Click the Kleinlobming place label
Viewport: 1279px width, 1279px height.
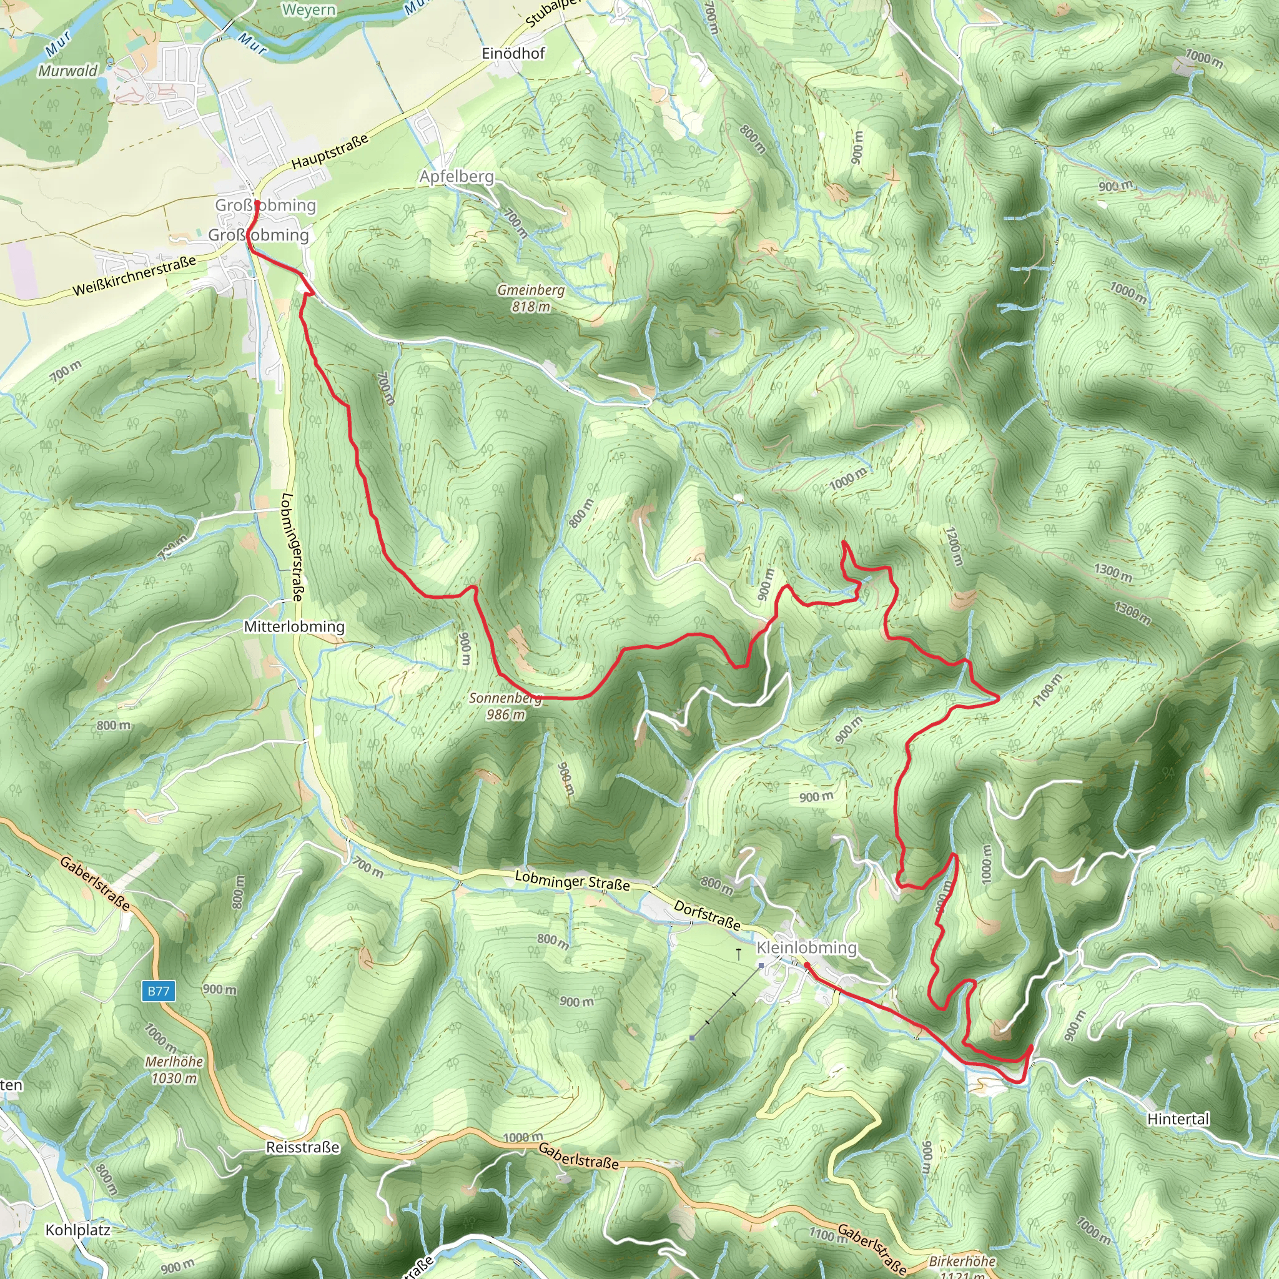point(806,947)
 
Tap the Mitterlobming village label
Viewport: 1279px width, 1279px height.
point(294,626)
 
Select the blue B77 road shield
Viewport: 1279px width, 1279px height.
point(158,991)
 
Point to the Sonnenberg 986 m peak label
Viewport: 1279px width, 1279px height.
point(505,706)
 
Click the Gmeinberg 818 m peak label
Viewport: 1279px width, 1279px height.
point(531,298)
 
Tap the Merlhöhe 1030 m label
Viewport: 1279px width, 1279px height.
point(174,1070)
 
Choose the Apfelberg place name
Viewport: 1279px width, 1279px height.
point(457,176)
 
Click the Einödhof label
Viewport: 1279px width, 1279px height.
point(513,53)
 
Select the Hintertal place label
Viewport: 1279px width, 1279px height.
point(1178,1119)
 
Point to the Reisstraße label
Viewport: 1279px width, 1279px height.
point(302,1147)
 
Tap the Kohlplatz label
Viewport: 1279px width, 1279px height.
point(78,1230)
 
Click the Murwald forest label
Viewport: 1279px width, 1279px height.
point(67,71)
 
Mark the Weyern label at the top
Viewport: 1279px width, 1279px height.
point(309,9)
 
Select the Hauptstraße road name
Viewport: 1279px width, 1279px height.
point(330,152)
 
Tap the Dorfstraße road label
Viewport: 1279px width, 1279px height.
point(707,915)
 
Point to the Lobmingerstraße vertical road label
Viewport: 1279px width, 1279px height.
point(292,547)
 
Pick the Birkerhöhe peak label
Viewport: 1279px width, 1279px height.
point(962,1261)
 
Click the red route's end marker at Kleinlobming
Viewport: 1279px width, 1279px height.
point(807,966)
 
